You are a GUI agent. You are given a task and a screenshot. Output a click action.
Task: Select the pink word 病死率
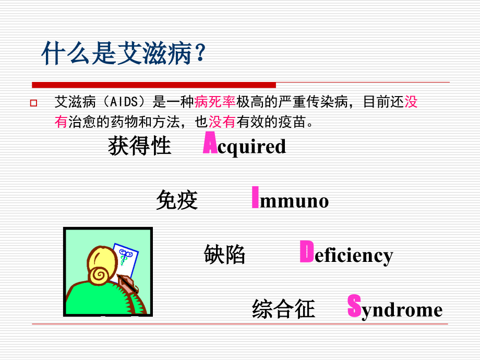click(215, 102)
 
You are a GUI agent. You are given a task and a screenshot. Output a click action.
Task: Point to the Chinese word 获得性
click(139, 146)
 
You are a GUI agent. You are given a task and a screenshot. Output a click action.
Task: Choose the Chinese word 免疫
click(177, 200)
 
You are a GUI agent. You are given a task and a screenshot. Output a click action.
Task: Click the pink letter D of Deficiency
click(306, 252)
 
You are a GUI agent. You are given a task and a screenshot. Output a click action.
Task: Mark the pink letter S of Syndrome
click(354, 306)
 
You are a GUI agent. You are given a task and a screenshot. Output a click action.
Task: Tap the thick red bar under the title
click(154, 85)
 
